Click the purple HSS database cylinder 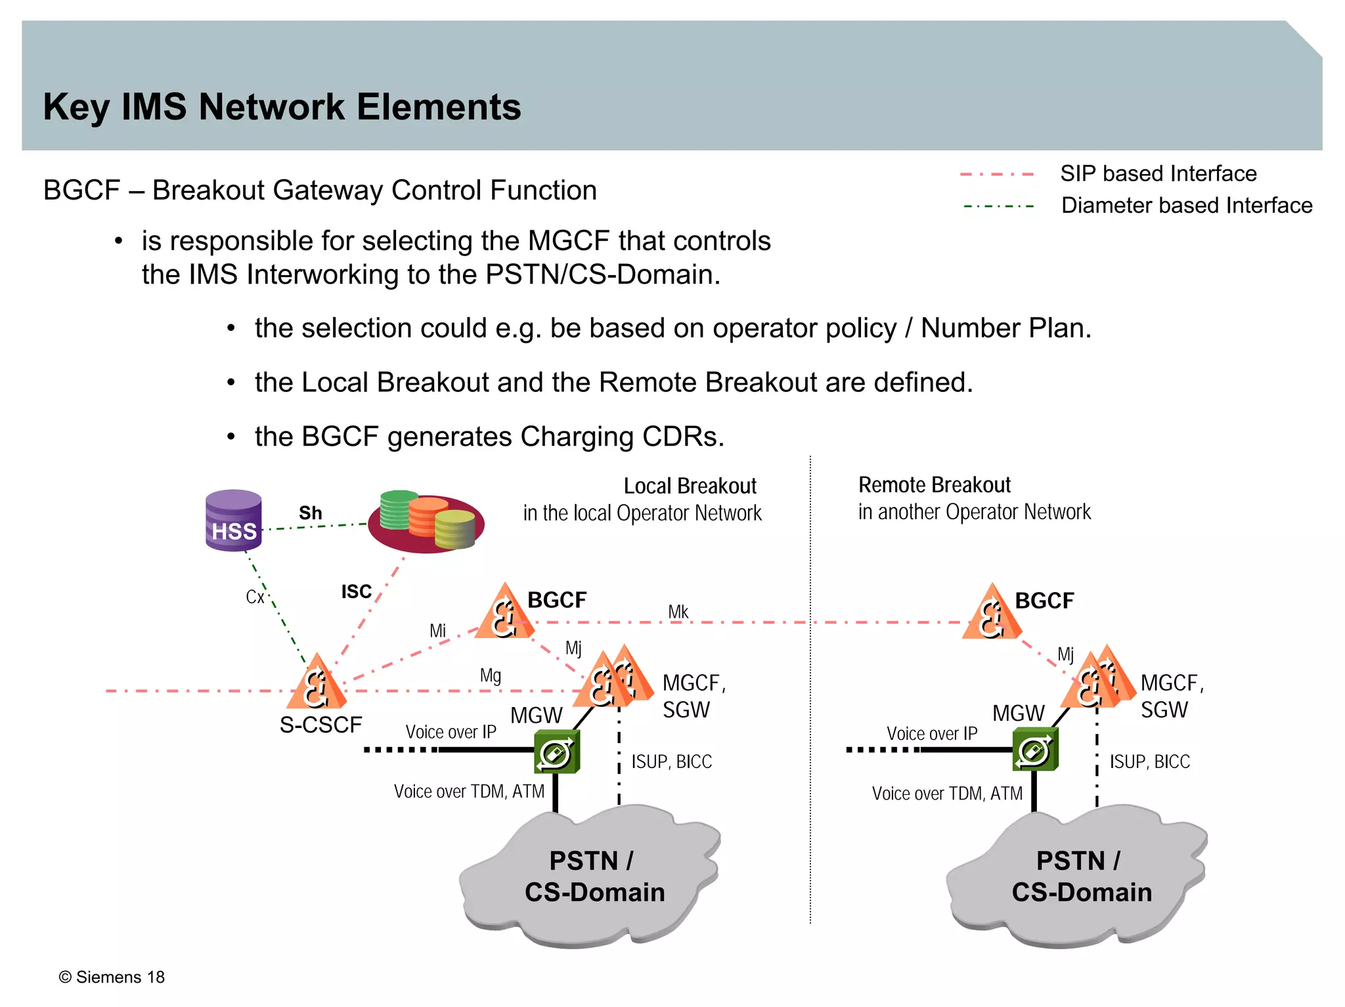click(233, 520)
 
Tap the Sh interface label click(311, 513)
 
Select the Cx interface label click(255, 597)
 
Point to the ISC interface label click(357, 591)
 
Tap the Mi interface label click(437, 631)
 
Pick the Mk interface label click(678, 612)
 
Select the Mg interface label click(490, 675)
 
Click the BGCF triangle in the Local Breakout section click(504, 614)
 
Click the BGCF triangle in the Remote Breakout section click(992, 614)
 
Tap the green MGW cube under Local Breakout click(556, 752)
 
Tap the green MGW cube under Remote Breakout click(1035, 750)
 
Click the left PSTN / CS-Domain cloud click(591, 877)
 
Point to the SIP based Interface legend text click(1158, 173)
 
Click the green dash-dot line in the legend click(998, 206)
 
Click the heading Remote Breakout click(934, 485)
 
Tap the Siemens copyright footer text click(112, 977)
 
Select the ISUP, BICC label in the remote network click(1149, 761)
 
